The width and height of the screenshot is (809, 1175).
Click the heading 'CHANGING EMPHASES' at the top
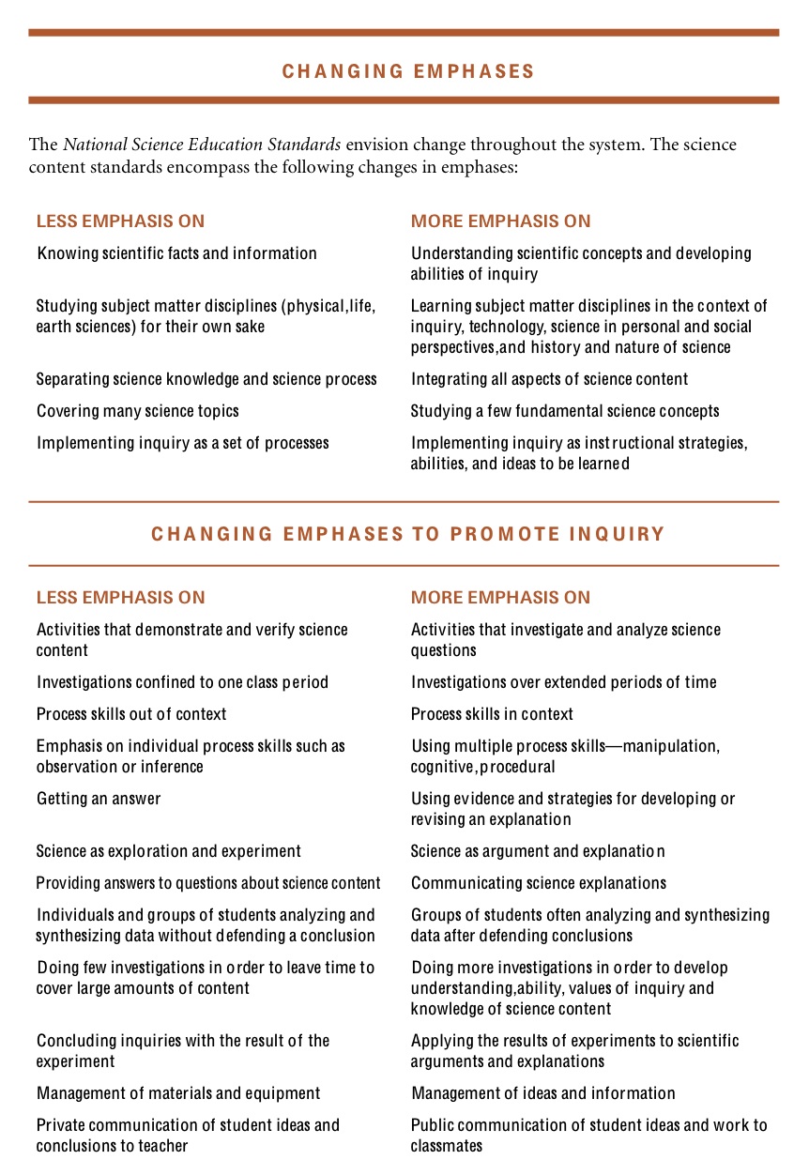[x=408, y=71]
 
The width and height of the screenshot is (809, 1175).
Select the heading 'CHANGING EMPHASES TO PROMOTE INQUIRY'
[x=408, y=535]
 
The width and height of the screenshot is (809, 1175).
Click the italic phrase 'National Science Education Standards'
[x=202, y=145]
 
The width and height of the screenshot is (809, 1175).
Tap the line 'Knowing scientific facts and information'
[x=176, y=253]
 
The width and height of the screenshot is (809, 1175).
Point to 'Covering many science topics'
[x=137, y=411]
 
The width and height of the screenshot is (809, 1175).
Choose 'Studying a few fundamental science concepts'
[x=565, y=411]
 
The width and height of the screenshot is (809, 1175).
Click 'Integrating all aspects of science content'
[x=549, y=379]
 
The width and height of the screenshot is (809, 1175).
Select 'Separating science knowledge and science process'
[x=206, y=379]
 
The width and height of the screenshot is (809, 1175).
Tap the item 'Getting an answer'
[x=99, y=799]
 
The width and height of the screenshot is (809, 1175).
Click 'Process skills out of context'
[x=131, y=714]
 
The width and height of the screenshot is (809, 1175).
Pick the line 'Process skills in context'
[x=492, y=714]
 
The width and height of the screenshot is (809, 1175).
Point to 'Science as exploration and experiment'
[x=169, y=851]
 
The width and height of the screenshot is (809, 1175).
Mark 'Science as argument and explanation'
[x=538, y=851]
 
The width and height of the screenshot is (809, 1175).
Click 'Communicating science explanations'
[x=539, y=883]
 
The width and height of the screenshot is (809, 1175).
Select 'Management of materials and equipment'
[x=178, y=1093]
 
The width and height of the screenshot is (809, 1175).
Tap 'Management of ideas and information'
[x=542, y=1093]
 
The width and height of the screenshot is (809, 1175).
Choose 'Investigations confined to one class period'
[x=182, y=682]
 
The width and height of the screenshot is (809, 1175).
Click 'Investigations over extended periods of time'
[x=563, y=682]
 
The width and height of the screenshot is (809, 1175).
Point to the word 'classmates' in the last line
[x=447, y=1146]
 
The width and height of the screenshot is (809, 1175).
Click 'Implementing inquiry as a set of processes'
[x=182, y=443]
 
